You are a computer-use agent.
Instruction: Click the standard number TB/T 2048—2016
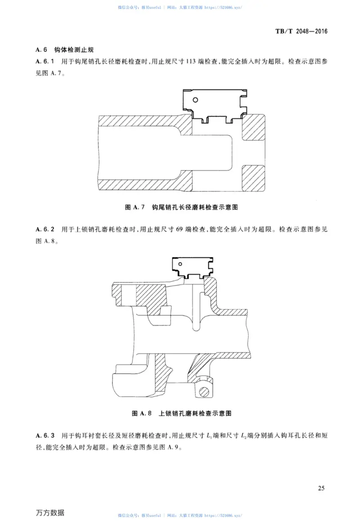[300, 32]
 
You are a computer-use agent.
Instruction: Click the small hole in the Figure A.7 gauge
[195, 99]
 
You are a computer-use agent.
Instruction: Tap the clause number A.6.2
[45, 229]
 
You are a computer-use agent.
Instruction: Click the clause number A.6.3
[45, 435]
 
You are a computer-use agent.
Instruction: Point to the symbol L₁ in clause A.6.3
[208, 436]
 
